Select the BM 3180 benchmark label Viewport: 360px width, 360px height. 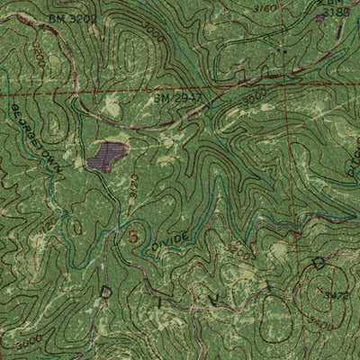pyautogui.click(x=334, y=12)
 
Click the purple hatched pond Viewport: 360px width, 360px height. pyautogui.click(x=106, y=155)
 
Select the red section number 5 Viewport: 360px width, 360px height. pyautogui.click(x=134, y=238)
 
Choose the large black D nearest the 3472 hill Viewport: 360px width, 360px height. pyautogui.click(x=317, y=262)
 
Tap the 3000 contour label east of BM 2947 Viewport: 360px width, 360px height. pyautogui.click(x=255, y=94)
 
